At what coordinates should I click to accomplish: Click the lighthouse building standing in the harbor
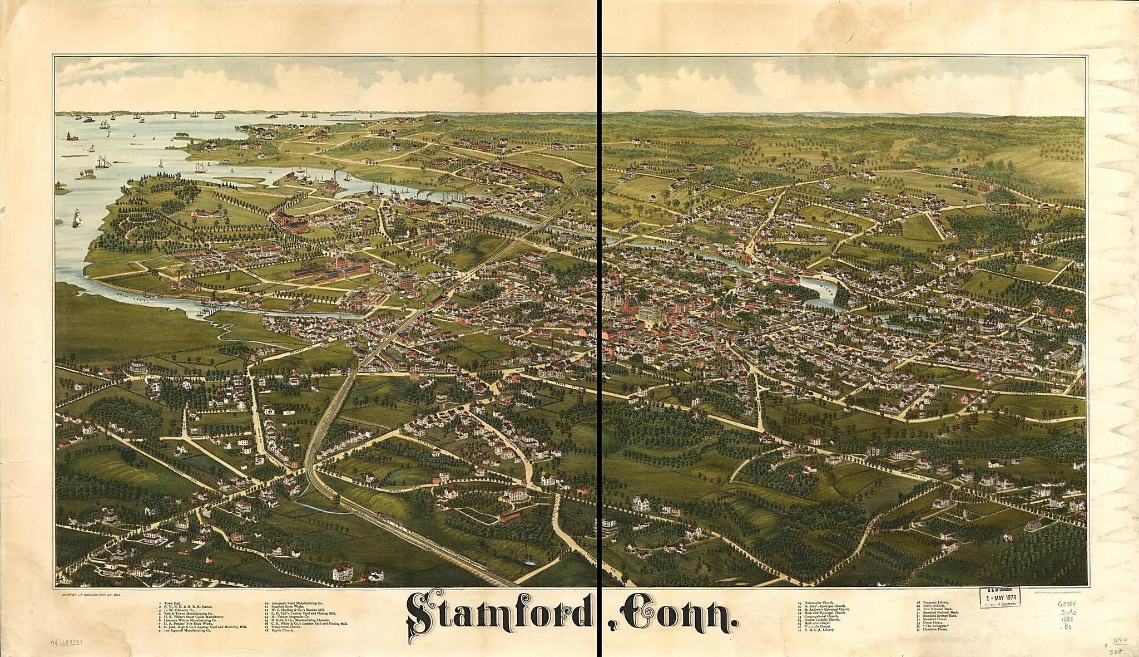tap(71, 135)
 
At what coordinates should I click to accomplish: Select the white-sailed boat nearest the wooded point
tap(76, 218)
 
